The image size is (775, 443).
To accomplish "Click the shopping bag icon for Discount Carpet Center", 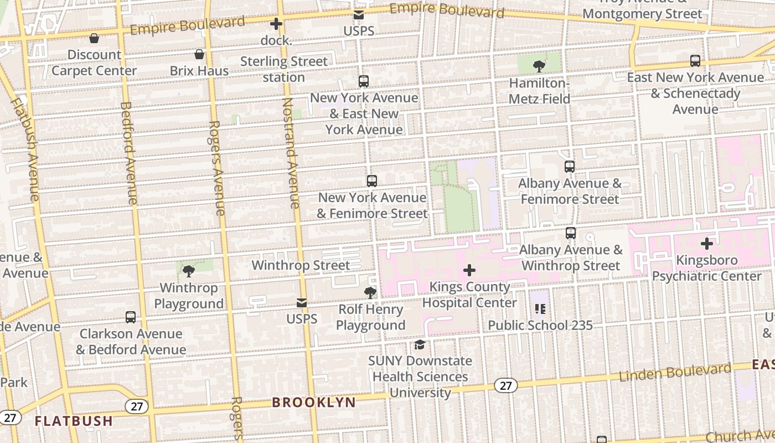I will (94, 38).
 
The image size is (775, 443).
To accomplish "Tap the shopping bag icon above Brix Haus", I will (199, 54).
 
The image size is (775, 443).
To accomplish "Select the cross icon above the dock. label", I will (276, 24).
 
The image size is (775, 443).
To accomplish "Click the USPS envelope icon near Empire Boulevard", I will (359, 15).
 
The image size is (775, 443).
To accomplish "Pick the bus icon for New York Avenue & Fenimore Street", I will (372, 181).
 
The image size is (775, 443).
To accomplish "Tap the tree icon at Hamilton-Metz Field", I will (539, 66).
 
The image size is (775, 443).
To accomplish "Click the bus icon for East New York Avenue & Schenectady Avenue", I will (695, 61).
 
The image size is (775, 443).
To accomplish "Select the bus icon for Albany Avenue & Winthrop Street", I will (571, 233).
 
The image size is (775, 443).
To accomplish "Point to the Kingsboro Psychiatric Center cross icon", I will (707, 244).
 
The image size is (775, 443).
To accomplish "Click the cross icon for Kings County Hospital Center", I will (469, 270).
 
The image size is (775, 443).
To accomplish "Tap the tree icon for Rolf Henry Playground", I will (370, 293).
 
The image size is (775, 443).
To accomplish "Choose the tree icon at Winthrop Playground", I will (189, 271).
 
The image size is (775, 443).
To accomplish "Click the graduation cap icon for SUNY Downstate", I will (420, 345).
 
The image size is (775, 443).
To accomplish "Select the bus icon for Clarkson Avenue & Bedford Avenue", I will (131, 317).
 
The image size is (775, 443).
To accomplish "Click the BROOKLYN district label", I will (314, 403).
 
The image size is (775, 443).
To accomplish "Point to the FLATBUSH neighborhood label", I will (74, 421).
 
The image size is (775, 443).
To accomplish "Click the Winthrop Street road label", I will (301, 265).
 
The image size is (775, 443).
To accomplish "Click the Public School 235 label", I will (540, 326).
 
